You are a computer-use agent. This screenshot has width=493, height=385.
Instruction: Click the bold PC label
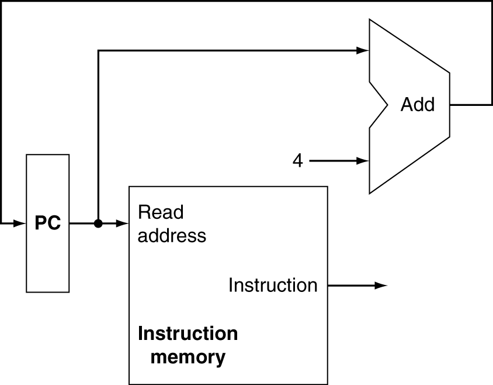(x=48, y=224)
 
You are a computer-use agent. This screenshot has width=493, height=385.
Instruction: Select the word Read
(x=161, y=212)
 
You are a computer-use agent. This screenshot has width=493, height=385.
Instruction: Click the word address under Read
(x=172, y=235)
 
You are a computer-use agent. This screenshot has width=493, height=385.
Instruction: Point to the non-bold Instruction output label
(x=273, y=285)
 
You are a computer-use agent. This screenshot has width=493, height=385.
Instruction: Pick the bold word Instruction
(x=188, y=334)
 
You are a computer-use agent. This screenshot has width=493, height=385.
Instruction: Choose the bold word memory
(x=188, y=356)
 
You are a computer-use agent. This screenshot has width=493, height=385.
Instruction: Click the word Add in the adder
(x=417, y=105)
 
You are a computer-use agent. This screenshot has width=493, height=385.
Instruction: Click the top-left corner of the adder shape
(x=371, y=22)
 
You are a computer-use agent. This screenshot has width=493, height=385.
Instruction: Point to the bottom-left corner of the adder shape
(x=371, y=191)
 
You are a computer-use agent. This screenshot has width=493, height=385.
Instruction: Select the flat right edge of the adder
(x=448, y=105)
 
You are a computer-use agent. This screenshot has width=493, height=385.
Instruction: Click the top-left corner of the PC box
(x=28, y=156)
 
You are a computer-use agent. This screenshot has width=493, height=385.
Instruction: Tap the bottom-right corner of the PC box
(x=68, y=290)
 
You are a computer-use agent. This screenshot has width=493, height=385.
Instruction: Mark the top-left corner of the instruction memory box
(x=130, y=188)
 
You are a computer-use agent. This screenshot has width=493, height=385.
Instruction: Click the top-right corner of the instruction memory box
(x=325, y=188)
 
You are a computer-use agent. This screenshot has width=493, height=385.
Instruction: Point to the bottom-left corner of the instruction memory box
(x=130, y=383)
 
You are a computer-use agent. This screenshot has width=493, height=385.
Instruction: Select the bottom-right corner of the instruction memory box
(x=325, y=383)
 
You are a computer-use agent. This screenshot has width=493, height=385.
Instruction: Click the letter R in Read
(x=143, y=212)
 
